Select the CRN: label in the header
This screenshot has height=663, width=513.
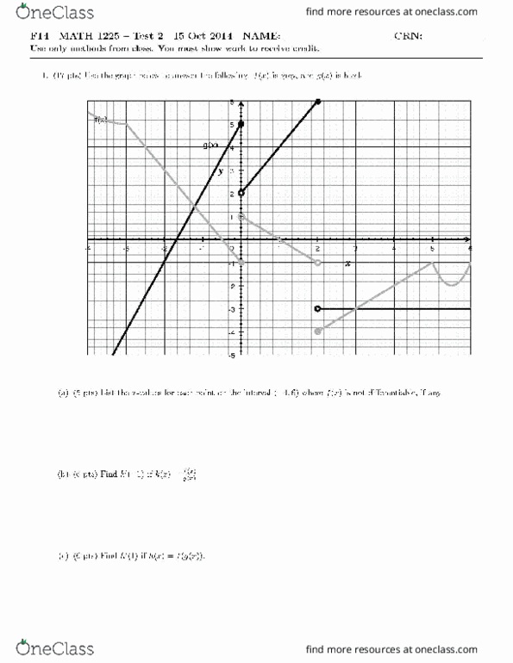pyautogui.click(x=406, y=35)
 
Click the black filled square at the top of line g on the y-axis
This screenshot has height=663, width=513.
pyautogui.click(x=241, y=125)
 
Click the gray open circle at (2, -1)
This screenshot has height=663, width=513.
pyautogui.click(x=318, y=262)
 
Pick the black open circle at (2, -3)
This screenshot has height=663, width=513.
pyautogui.click(x=318, y=308)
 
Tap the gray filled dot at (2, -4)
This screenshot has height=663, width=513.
pyautogui.click(x=318, y=331)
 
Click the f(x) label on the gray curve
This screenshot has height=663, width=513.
pyautogui.click(x=100, y=120)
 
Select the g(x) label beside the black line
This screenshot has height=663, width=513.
pyautogui.click(x=209, y=146)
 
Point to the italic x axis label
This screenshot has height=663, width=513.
pyautogui.click(x=347, y=263)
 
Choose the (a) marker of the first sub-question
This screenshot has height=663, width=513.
pyautogui.click(x=63, y=393)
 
